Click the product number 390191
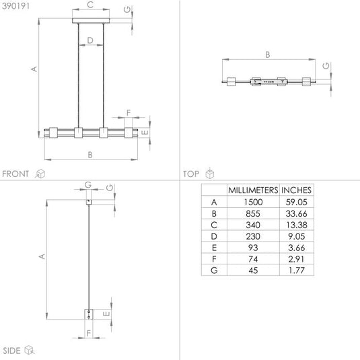click(x=15, y=6)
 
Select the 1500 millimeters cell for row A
click(x=253, y=202)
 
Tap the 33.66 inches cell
click(x=296, y=213)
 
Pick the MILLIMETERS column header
click(x=253, y=190)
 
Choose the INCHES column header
click(x=296, y=190)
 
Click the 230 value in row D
click(x=253, y=236)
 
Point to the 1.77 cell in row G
click(x=296, y=271)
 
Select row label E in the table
click(x=214, y=248)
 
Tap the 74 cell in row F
click(x=253, y=259)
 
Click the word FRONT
click(x=15, y=174)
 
